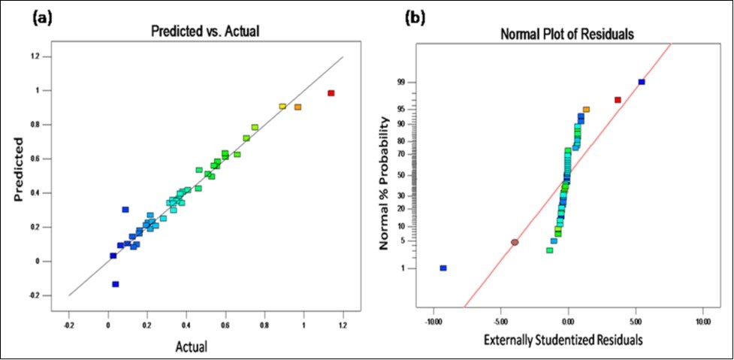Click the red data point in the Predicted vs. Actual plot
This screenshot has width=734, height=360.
(x=331, y=93)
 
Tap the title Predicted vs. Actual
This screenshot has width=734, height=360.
(x=206, y=32)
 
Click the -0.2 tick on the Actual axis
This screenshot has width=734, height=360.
(x=69, y=326)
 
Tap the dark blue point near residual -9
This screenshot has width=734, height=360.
(x=443, y=268)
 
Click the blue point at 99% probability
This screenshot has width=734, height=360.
(x=642, y=82)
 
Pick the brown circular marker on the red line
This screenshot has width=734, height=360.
(x=515, y=242)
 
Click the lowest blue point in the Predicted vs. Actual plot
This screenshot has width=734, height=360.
(x=116, y=284)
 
